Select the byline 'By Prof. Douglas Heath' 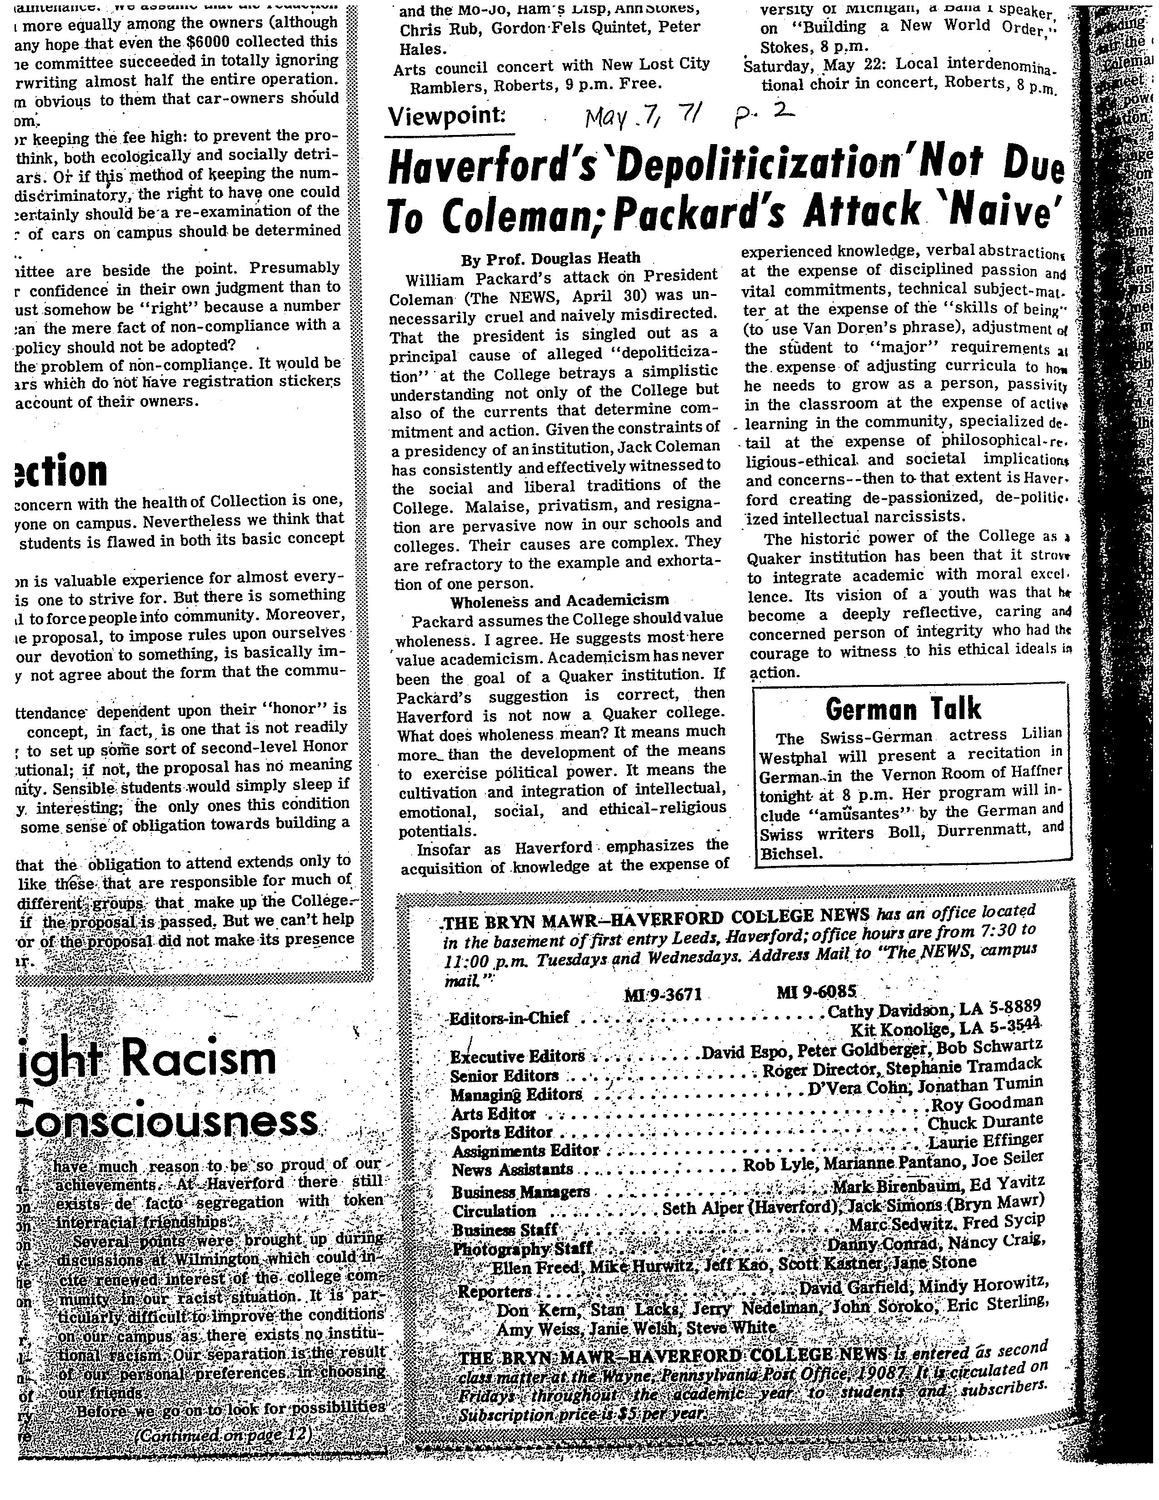[x=551, y=258]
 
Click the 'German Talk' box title [x=903, y=708]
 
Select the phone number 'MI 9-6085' [x=816, y=992]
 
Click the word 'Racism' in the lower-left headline [x=199, y=1060]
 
